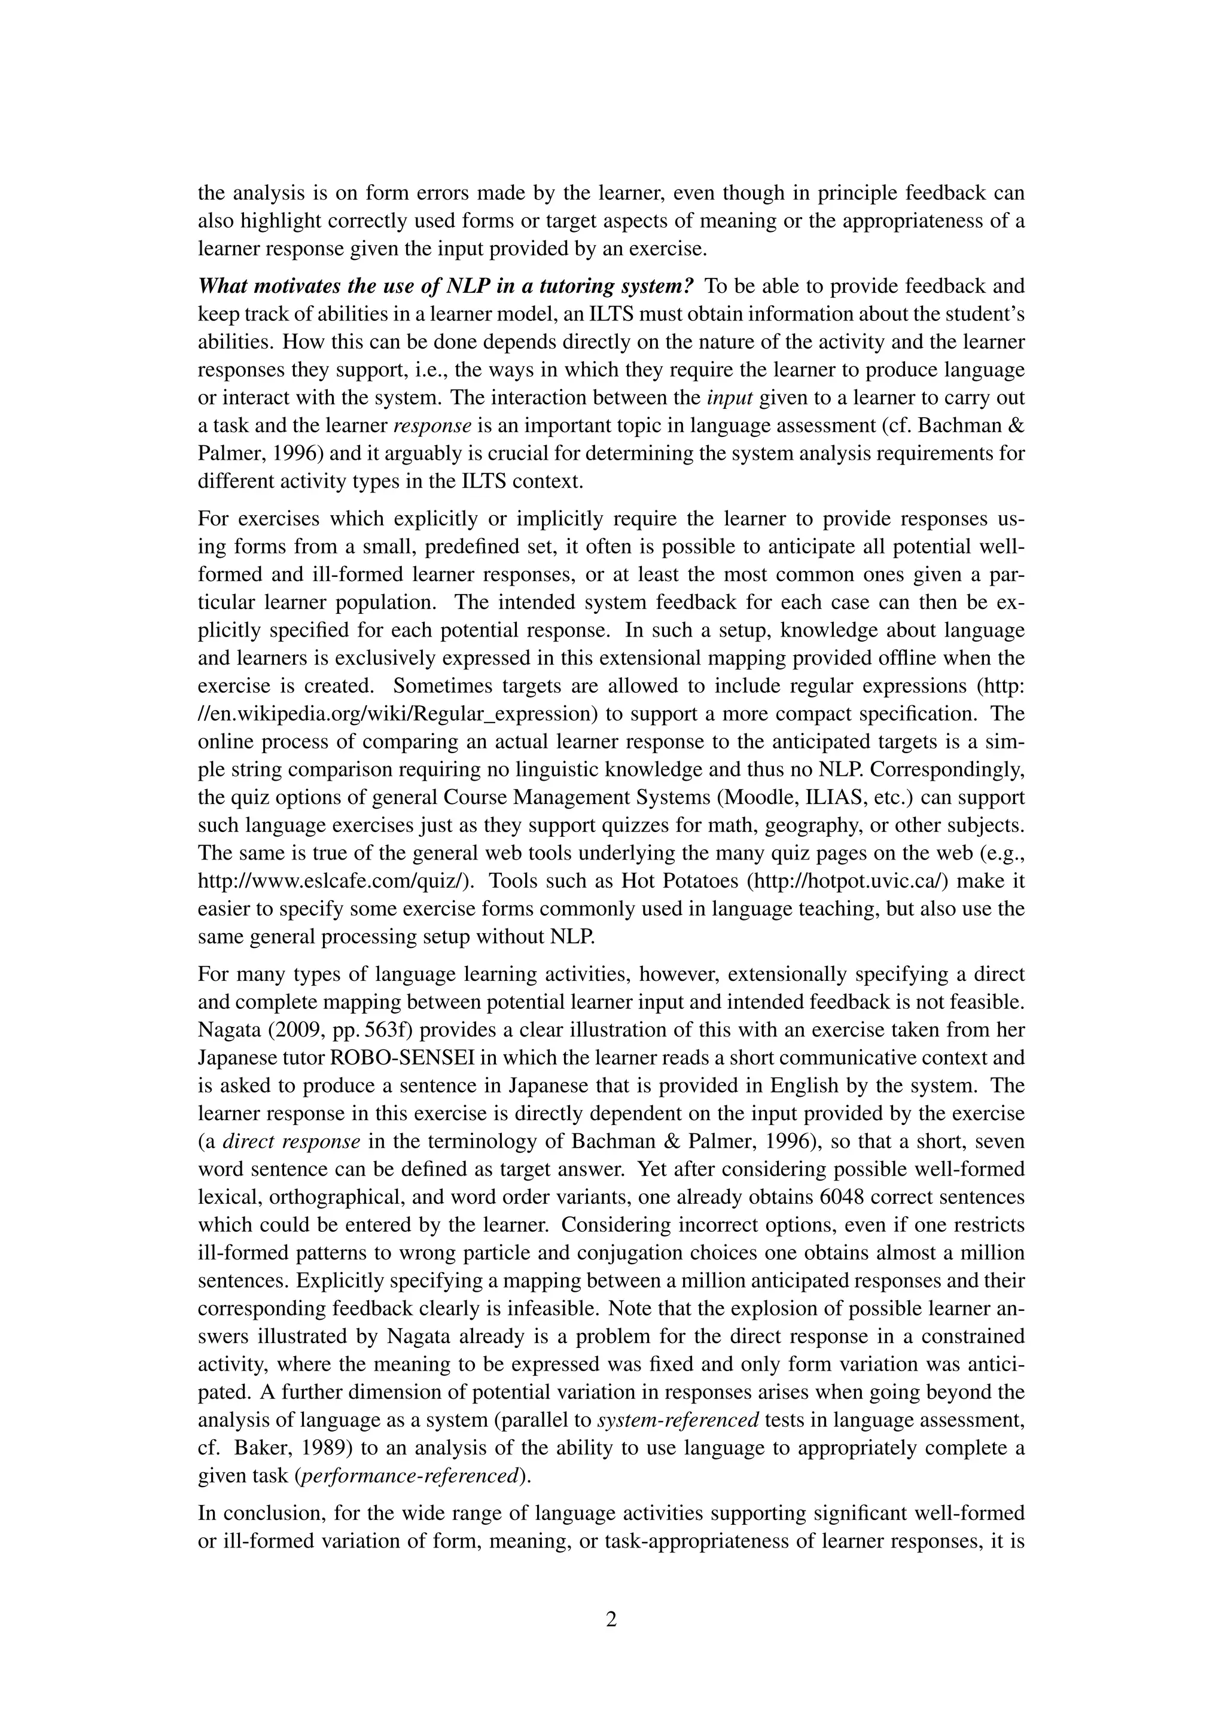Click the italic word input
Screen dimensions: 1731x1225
click(x=734, y=398)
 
